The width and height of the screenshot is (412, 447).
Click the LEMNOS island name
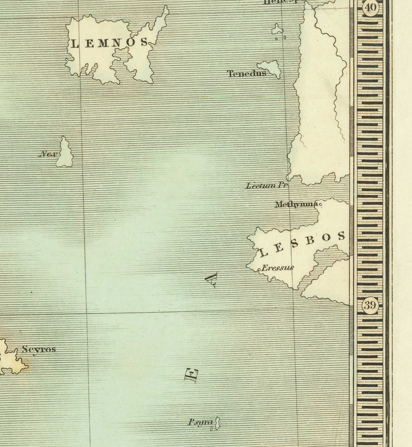click(x=109, y=43)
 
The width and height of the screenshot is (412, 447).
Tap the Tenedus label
click(x=246, y=73)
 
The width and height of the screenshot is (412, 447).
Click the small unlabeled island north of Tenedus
click(x=277, y=30)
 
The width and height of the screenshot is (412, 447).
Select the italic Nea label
click(x=48, y=154)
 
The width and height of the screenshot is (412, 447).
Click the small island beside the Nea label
click(x=65, y=154)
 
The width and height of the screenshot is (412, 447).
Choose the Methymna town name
click(x=296, y=204)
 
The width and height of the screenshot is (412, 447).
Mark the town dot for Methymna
click(x=320, y=204)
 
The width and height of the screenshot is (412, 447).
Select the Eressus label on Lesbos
click(x=277, y=268)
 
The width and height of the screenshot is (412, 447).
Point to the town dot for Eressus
click(x=259, y=270)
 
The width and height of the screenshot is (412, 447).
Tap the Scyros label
click(x=39, y=349)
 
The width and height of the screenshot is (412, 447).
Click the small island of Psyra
click(x=217, y=423)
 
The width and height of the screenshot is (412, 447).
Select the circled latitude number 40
click(x=370, y=8)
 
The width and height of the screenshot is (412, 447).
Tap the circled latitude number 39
click(x=370, y=306)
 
